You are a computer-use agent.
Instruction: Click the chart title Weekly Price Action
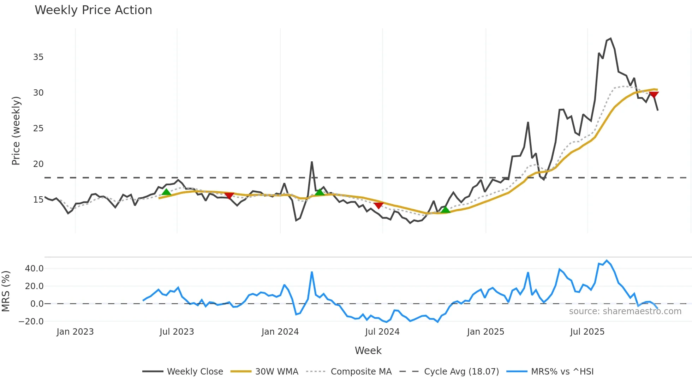click(x=93, y=10)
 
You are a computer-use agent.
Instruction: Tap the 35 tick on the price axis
click(x=38, y=57)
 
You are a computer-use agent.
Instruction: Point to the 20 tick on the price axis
click(x=38, y=164)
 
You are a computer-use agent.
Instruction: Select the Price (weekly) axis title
click(x=16, y=131)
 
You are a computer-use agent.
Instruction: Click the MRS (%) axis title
click(x=6, y=291)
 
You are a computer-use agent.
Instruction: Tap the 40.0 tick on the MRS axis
click(x=34, y=269)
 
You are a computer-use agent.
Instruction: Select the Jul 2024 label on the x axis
click(x=382, y=332)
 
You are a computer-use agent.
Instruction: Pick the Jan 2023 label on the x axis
click(x=75, y=332)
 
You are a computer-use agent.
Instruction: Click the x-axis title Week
click(x=368, y=351)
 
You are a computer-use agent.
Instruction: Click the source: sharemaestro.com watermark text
click(x=625, y=311)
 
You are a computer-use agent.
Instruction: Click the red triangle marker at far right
click(x=654, y=95)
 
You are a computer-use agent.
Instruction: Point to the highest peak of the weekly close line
click(x=611, y=38)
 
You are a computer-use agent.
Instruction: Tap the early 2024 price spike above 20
click(x=312, y=162)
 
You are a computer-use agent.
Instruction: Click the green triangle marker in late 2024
click(x=446, y=210)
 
